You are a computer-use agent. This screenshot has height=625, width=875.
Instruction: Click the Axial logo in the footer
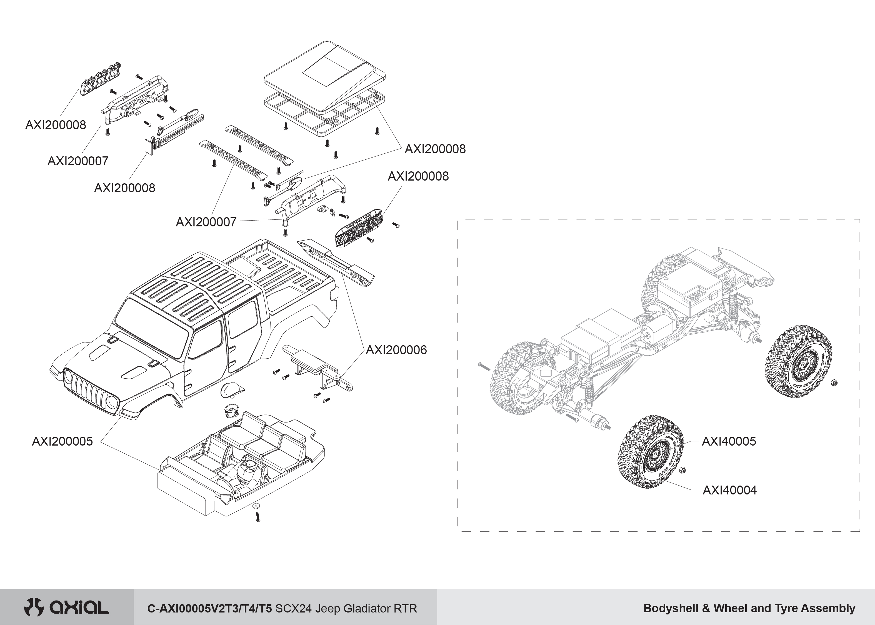66,608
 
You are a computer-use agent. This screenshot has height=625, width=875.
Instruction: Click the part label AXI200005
62,441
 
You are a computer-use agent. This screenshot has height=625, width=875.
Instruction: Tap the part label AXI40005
729,441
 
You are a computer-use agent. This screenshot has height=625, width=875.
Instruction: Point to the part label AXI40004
729,490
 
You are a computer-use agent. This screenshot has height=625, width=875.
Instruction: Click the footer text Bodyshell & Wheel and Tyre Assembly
749,608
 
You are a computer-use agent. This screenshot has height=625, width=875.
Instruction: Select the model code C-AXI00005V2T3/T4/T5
209,608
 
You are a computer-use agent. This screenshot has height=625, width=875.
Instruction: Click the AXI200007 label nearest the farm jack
78,161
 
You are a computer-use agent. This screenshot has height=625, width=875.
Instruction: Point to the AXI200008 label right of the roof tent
435,149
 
